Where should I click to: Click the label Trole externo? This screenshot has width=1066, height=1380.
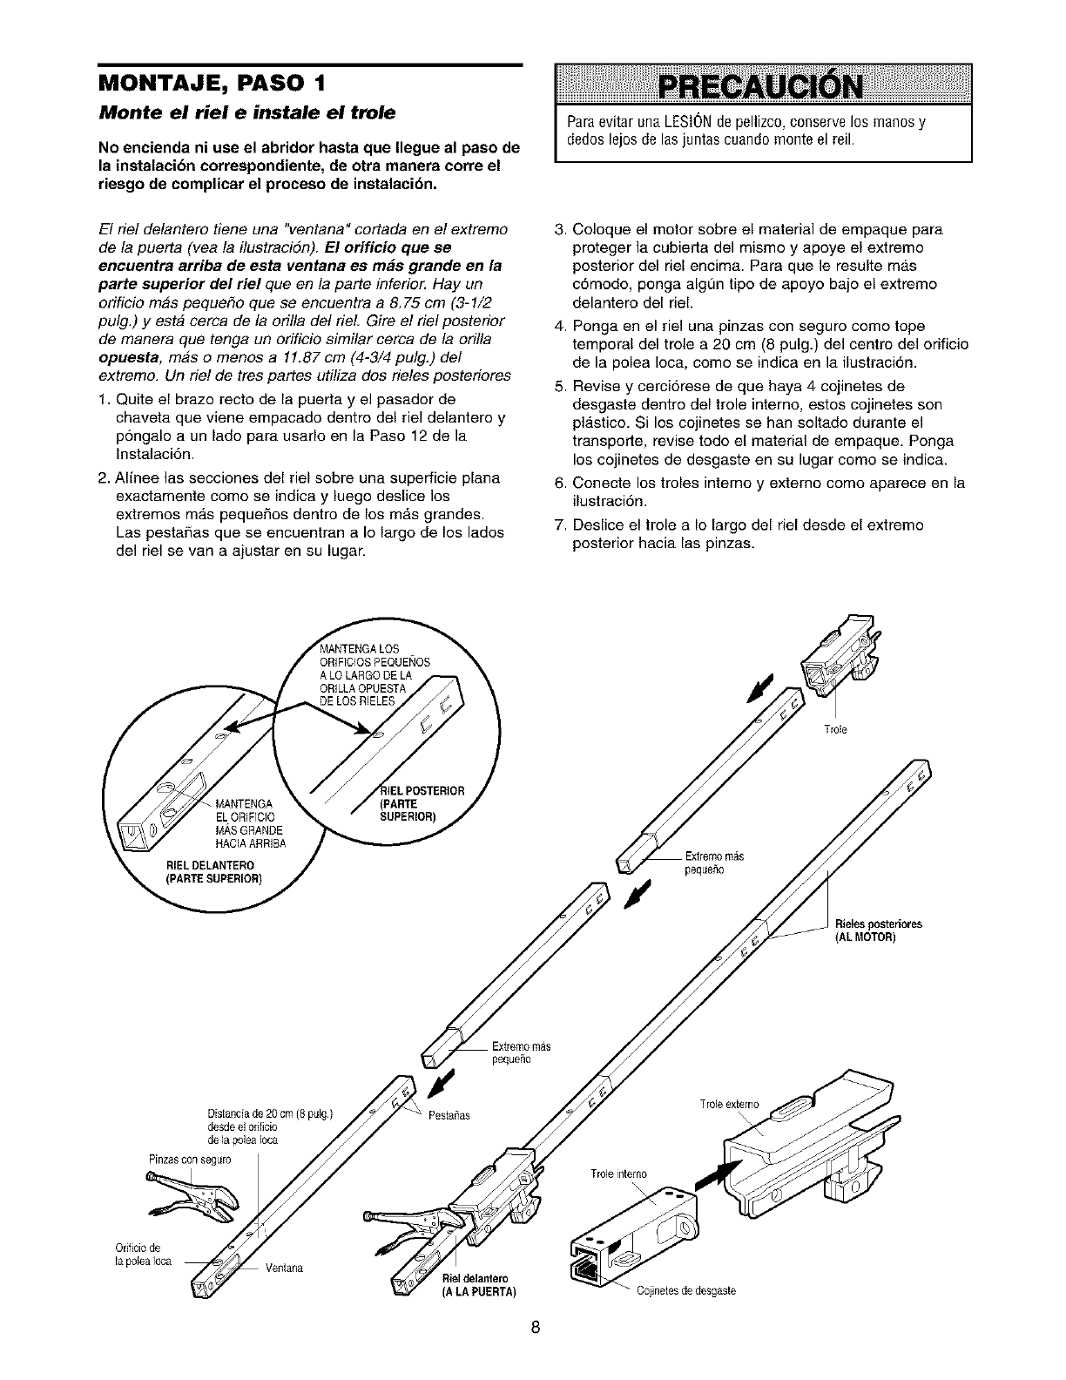pyautogui.click(x=729, y=1105)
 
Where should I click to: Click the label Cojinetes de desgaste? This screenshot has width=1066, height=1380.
pyautogui.click(x=686, y=1291)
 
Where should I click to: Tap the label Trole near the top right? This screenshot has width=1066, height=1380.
pyautogui.click(x=834, y=729)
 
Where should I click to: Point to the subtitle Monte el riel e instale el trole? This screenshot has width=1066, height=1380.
pyautogui.click(x=246, y=114)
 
